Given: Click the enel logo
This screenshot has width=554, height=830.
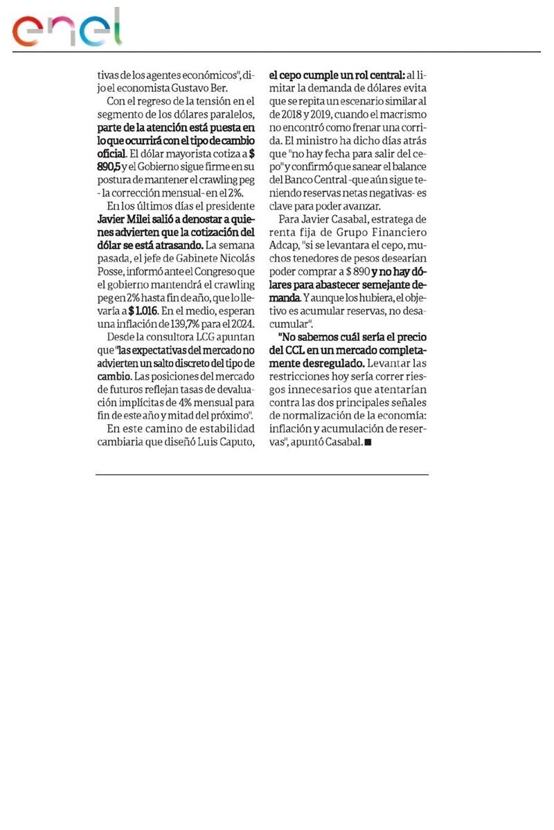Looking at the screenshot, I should [66, 29].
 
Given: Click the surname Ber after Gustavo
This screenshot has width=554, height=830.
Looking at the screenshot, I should [237, 87].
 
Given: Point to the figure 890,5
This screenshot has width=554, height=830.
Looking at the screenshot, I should [109, 166].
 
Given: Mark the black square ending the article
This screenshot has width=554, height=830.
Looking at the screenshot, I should [368, 443].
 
